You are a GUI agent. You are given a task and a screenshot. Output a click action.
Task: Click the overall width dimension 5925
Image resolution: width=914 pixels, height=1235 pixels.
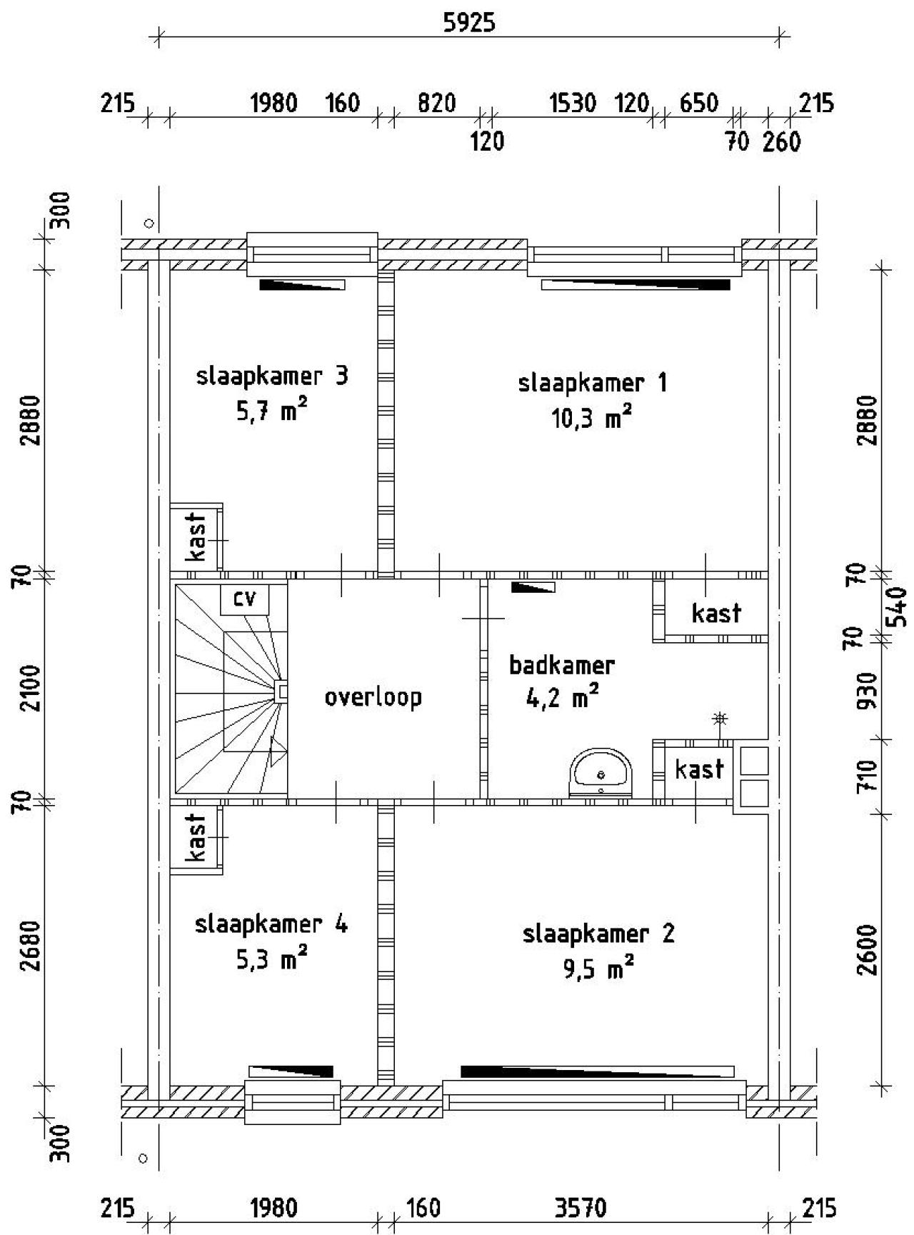[x=469, y=23]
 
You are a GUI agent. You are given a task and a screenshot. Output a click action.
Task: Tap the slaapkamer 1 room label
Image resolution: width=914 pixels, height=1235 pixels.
[x=592, y=384]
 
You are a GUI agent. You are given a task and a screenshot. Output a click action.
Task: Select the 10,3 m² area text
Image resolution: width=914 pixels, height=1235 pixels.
[x=591, y=418]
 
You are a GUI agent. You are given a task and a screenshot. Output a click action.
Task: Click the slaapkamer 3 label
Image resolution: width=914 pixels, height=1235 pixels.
[x=272, y=376]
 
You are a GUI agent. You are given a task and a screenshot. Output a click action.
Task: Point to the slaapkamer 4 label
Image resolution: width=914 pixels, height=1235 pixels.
[x=271, y=924]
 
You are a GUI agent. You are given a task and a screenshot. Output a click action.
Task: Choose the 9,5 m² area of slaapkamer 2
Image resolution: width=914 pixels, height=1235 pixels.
[x=598, y=969]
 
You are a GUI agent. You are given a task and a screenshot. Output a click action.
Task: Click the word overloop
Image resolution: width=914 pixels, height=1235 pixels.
[x=373, y=696]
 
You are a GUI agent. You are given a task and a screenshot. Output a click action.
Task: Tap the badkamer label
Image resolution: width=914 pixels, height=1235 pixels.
[x=561, y=666]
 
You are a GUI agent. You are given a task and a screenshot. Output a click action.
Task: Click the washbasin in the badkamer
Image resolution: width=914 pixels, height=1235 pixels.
[x=601, y=772]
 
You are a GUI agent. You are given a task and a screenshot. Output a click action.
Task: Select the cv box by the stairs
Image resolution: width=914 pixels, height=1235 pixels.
[x=244, y=599]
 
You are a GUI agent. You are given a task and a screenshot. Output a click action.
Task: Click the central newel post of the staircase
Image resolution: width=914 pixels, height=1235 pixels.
[x=281, y=691]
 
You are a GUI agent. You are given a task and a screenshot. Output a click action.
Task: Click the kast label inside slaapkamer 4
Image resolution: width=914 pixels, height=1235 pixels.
[x=196, y=837]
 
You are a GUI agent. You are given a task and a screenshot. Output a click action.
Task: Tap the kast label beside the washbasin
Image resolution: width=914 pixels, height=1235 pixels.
[x=698, y=769]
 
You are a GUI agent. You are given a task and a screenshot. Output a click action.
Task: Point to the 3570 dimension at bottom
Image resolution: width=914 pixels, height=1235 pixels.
[x=580, y=1209]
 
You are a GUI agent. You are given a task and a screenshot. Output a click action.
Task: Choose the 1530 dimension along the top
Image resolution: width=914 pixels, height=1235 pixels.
[x=573, y=104]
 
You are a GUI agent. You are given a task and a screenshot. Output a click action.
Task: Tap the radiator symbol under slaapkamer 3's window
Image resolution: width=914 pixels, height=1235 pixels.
[x=302, y=284]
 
